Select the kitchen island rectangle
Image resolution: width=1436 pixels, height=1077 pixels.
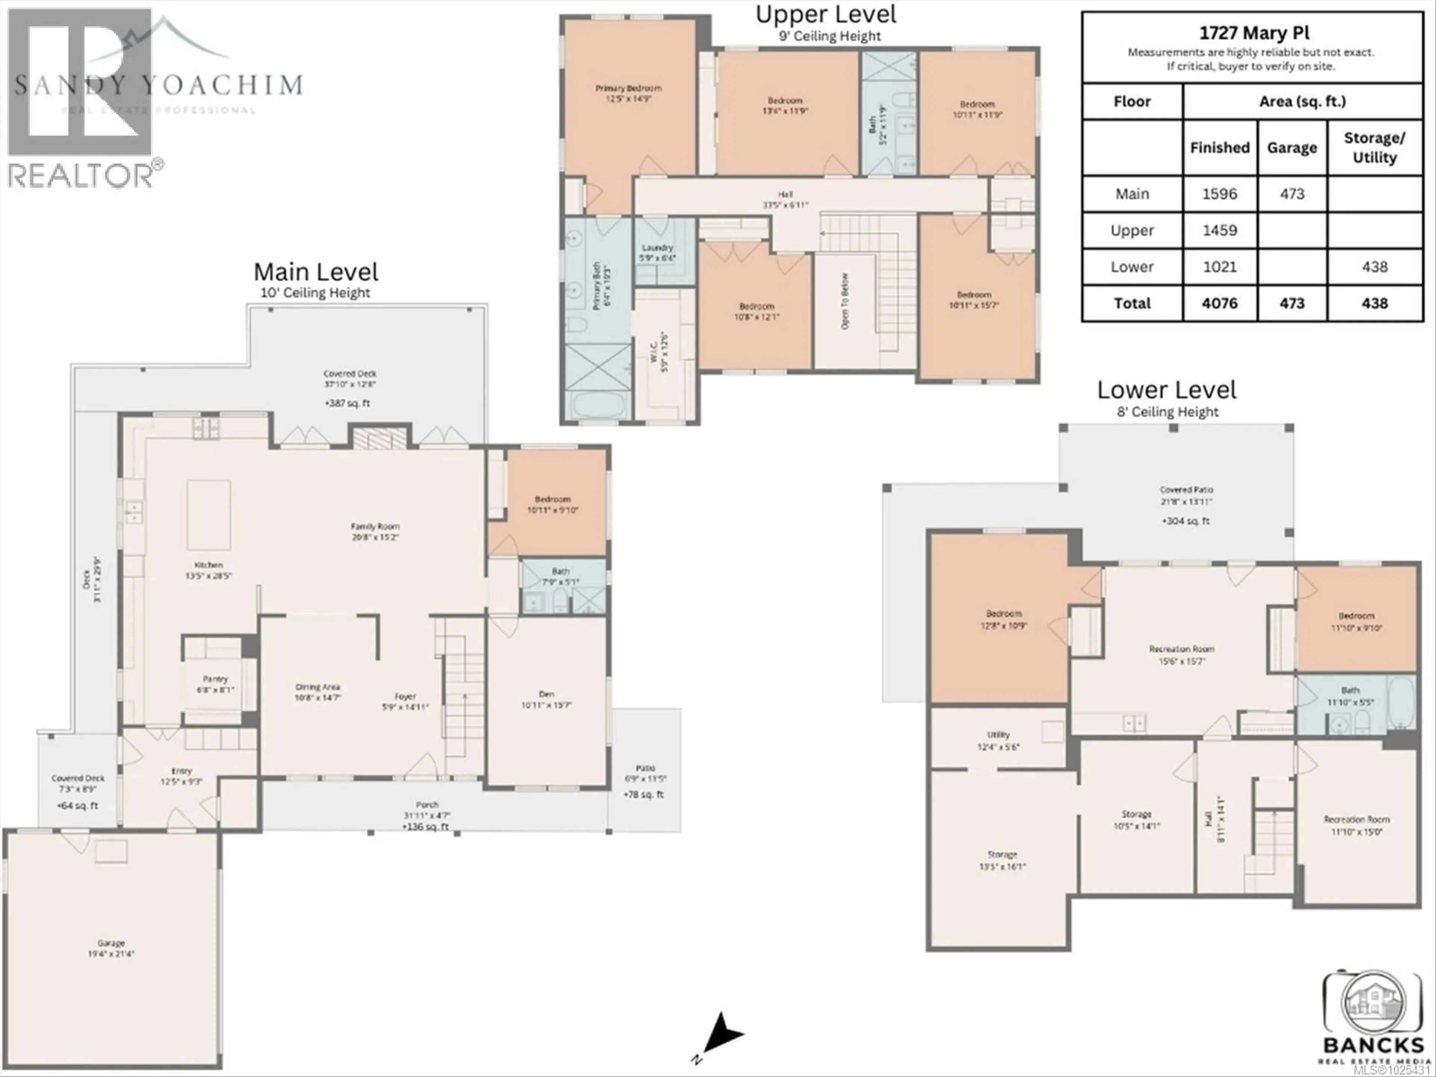pos(209,515)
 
